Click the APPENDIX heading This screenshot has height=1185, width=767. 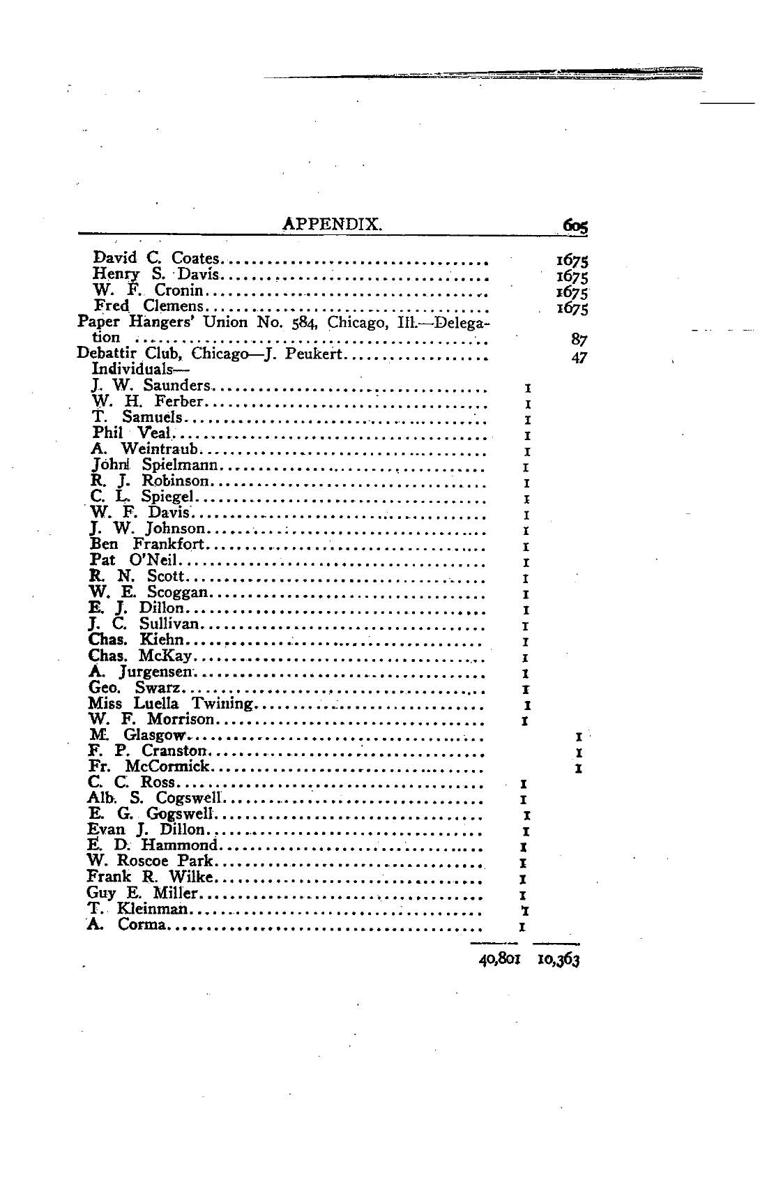331,224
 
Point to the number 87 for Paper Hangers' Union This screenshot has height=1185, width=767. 578,340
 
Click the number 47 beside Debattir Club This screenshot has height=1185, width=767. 578,358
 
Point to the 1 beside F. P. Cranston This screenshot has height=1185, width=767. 579,753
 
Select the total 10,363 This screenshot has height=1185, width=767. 559,959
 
